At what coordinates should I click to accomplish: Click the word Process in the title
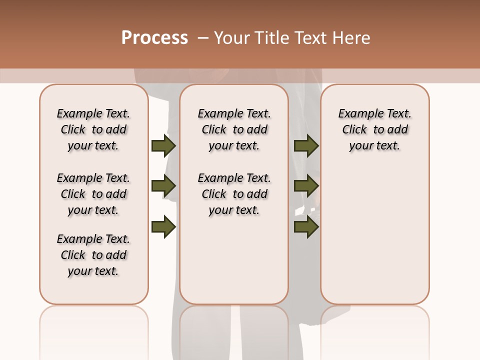(x=154, y=38)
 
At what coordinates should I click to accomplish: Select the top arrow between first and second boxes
(x=163, y=145)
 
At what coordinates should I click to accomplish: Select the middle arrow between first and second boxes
(x=163, y=186)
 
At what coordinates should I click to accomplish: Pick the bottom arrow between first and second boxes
(x=163, y=227)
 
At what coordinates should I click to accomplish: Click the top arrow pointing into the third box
(x=306, y=145)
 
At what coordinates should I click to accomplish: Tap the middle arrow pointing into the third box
(x=306, y=186)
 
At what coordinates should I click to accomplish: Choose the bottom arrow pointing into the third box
(x=306, y=227)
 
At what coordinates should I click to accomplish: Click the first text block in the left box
(x=93, y=129)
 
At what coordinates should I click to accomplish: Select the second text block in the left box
(x=93, y=194)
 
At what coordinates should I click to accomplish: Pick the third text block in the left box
(x=93, y=255)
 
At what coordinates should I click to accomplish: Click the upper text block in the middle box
(x=234, y=129)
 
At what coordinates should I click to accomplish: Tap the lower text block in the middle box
(x=234, y=194)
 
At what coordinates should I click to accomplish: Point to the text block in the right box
(x=374, y=129)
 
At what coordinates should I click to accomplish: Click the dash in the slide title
(x=203, y=38)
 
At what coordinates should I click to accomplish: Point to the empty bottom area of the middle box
(x=234, y=265)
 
